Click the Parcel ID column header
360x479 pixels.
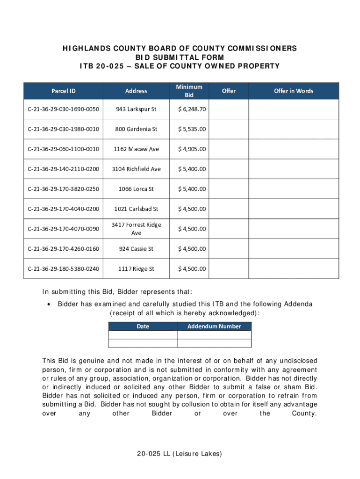[x=64, y=91]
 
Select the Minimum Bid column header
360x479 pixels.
[x=189, y=91]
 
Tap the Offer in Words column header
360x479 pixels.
[x=294, y=91]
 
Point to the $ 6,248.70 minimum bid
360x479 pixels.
[x=192, y=109]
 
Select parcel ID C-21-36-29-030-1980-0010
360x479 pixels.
[x=64, y=129]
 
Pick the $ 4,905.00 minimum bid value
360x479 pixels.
[x=192, y=149]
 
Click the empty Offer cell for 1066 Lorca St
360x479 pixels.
[x=229, y=189]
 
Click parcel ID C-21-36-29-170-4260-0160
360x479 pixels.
[x=64, y=249]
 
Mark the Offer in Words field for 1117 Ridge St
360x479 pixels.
[x=294, y=269]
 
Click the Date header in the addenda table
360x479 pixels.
[x=143, y=327]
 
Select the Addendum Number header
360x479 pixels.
[x=214, y=327]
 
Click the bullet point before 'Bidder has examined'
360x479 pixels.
[x=49, y=305]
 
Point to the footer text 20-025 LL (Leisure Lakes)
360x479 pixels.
[x=180, y=454]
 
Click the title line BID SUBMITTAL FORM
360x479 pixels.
[x=180, y=57]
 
